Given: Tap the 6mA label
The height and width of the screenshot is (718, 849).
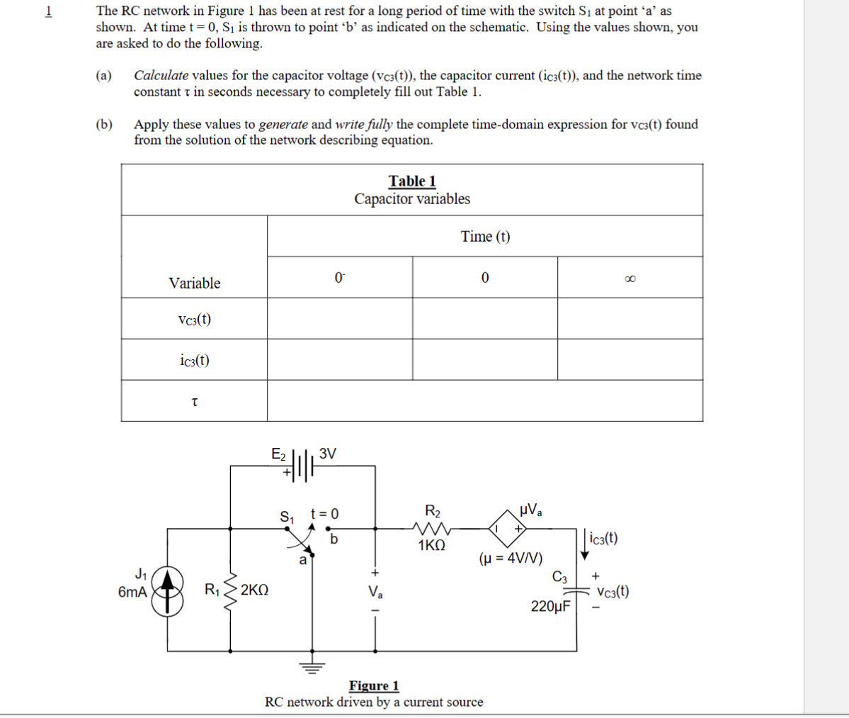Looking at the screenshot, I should pyautogui.click(x=133, y=592).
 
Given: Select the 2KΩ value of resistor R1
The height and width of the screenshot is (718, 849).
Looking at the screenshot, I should pyautogui.click(x=254, y=590).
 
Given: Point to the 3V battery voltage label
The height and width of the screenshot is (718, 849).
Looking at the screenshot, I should pyautogui.click(x=328, y=454).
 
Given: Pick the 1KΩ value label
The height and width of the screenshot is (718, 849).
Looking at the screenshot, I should pyautogui.click(x=431, y=546).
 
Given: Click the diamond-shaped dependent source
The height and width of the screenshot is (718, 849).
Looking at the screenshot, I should pyautogui.click(x=508, y=528).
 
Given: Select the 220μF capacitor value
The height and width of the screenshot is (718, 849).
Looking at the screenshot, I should pyautogui.click(x=551, y=606).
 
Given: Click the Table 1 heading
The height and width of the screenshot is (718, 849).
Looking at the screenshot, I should pyautogui.click(x=412, y=181).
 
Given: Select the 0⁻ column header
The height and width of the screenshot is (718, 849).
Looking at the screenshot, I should pyautogui.click(x=340, y=277).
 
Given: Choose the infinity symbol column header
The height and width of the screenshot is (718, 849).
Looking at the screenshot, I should pyautogui.click(x=629, y=278).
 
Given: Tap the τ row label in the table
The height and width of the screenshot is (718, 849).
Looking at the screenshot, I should pyautogui.click(x=194, y=402).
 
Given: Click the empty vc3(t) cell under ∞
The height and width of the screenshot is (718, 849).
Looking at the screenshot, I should pyautogui.click(x=629, y=318).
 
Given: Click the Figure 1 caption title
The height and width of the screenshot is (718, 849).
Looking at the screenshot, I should pyautogui.click(x=374, y=685).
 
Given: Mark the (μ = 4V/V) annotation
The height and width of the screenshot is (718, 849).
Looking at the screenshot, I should pyautogui.click(x=511, y=558).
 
